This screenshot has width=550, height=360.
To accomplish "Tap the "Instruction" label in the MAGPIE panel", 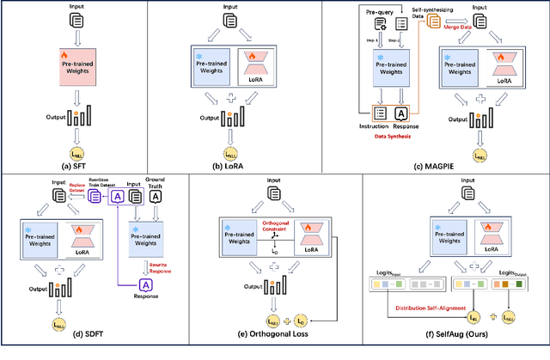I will (374, 125).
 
